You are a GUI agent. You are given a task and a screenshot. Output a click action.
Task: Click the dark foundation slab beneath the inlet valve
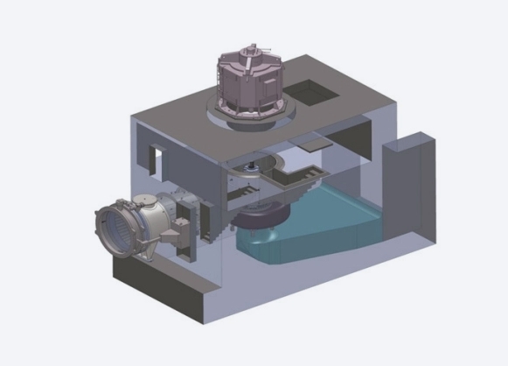click(x=157, y=293)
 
